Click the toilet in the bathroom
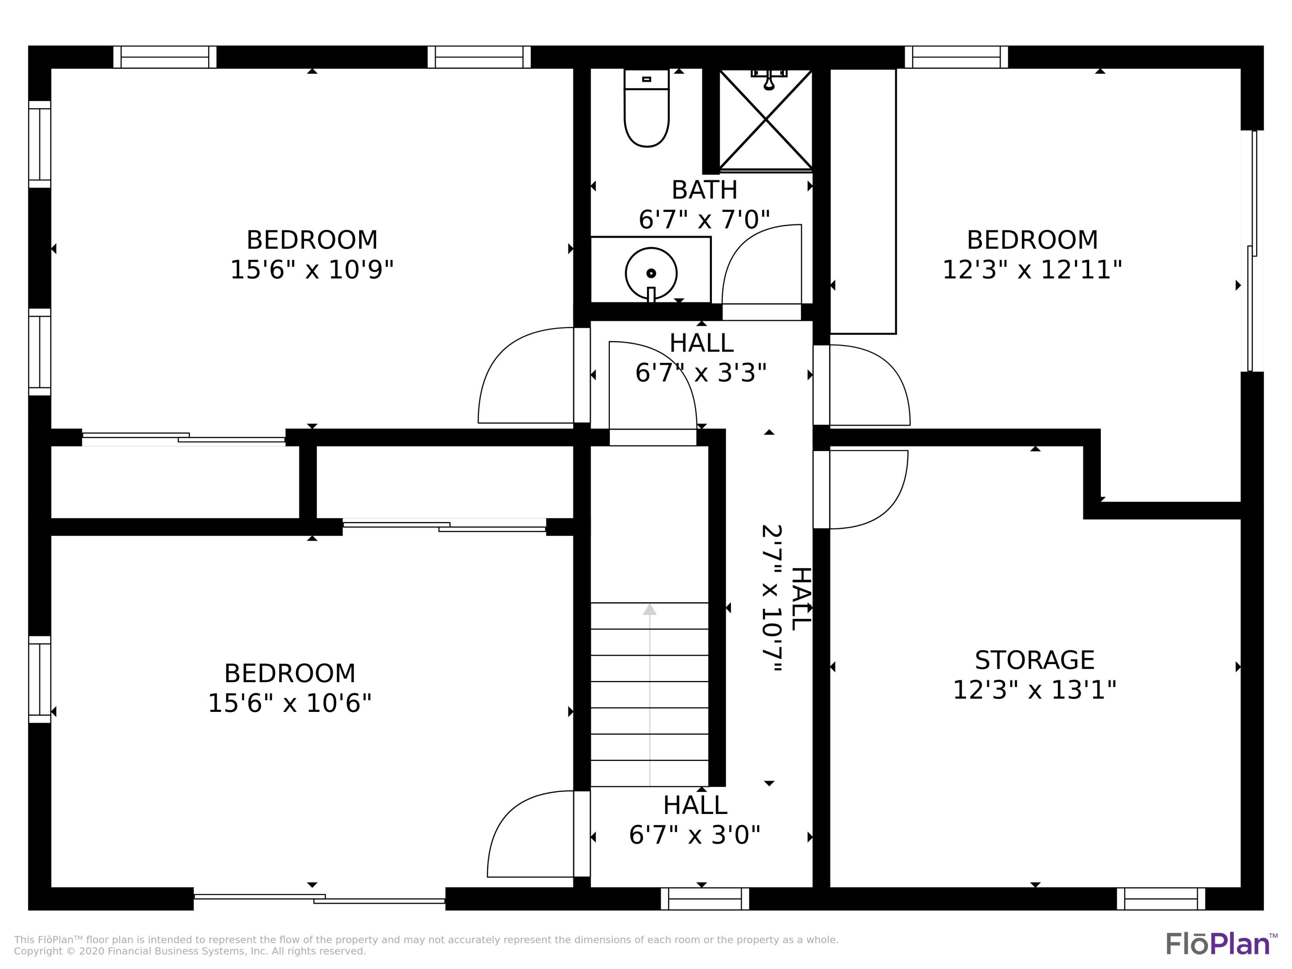[x=646, y=108]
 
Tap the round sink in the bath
[x=651, y=273]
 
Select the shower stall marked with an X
[x=765, y=120]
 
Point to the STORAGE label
[x=1034, y=660]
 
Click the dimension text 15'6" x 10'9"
[x=312, y=270]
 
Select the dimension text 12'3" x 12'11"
[x=1032, y=270]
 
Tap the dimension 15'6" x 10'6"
[x=290, y=703]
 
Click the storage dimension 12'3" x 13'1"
[x=1034, y=690]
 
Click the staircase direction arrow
[x=649, y=695]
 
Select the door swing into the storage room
[x=869, y=490]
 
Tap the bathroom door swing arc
[x=762, y=264]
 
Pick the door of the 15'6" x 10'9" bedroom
[x=526, y=375]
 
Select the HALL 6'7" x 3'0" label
[x=695, y=820]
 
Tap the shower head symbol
[x=769, y=79]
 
